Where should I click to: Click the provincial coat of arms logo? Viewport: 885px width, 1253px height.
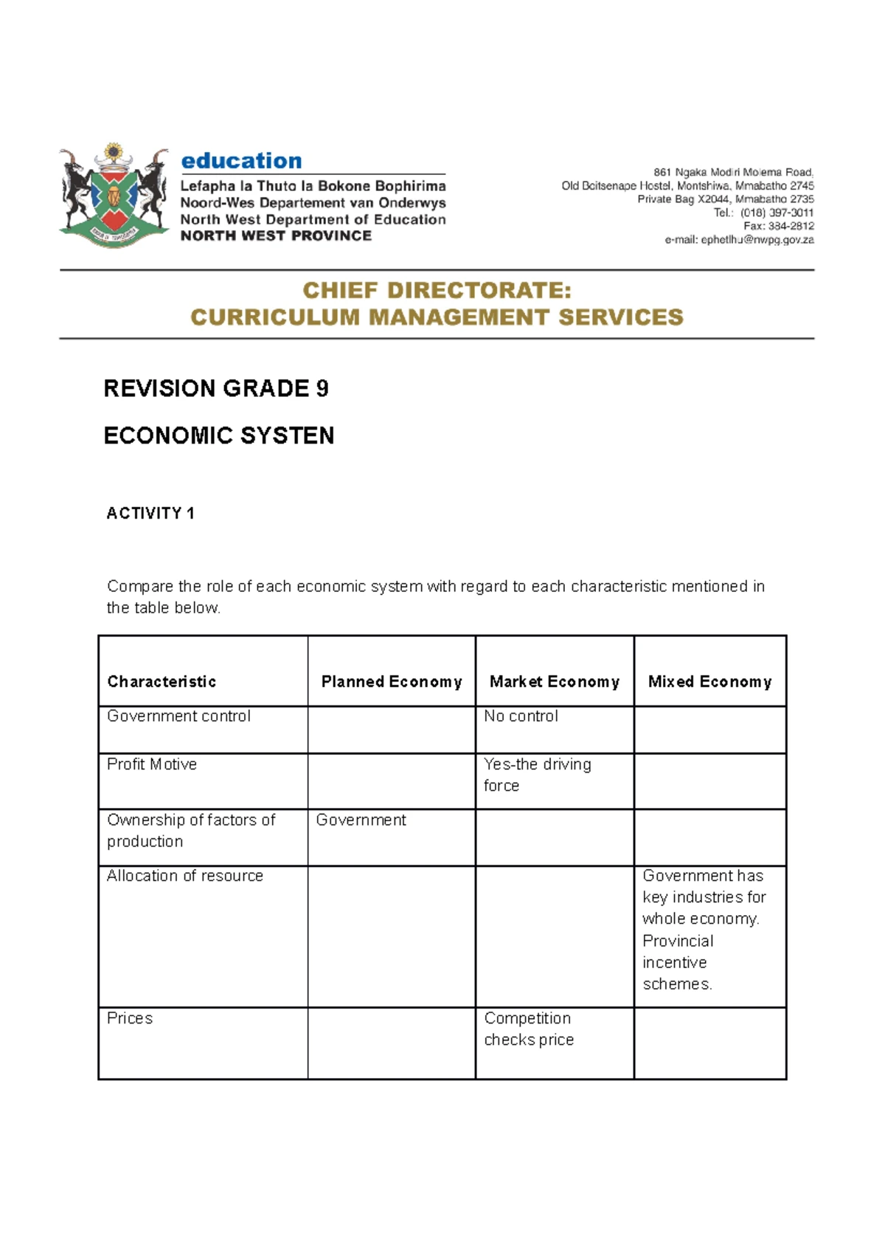coord(114,196)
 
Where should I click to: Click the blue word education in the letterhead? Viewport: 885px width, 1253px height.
coord(241,161)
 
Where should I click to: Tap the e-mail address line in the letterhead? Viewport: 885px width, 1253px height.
coord(739,240)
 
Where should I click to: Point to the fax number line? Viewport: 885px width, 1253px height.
coord(778,226)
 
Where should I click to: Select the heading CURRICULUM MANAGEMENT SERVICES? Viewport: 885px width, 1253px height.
coord(437,317)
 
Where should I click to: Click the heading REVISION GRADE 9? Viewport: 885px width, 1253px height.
coord(215,388)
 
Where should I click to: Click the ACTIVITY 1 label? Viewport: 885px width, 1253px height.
coord(150,513)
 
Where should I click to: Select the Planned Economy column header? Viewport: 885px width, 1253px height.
coord(391,681)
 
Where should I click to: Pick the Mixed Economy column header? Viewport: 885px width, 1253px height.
coord(709,681)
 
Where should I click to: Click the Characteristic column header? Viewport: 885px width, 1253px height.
coord(162,681)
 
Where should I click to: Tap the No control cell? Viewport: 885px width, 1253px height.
coord(521,716)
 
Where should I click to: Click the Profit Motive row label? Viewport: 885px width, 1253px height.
coord(152,764)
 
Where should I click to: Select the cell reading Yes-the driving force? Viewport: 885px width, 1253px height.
coord(537,774)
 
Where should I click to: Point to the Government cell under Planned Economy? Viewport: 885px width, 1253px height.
coord(361,820)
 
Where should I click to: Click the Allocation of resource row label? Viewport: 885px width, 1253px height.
coord(184,875)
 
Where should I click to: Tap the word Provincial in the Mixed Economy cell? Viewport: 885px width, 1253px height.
coord(678,941)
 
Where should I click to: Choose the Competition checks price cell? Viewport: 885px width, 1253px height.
coord(528,1029)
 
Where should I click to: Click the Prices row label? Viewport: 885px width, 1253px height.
coord(130,1018)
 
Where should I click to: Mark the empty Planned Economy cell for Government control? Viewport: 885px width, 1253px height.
coord(391,729)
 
